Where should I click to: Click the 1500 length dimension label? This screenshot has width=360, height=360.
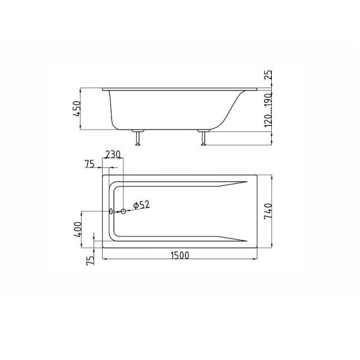coord(180,256)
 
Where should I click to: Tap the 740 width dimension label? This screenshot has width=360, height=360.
coord(268,211)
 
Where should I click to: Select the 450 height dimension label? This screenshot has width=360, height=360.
coord(77,109)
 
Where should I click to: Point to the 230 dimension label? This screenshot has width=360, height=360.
coord(113,154)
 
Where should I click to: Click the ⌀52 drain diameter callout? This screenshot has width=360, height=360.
coord(142,205)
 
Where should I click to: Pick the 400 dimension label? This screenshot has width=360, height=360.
coord(78,229)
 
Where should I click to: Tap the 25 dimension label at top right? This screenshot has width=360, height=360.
coord(268,75)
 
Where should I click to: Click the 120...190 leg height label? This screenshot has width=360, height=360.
coord(268,110)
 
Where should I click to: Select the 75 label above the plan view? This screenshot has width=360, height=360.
coord(89,164)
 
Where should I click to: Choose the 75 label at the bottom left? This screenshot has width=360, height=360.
coord(90,260)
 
